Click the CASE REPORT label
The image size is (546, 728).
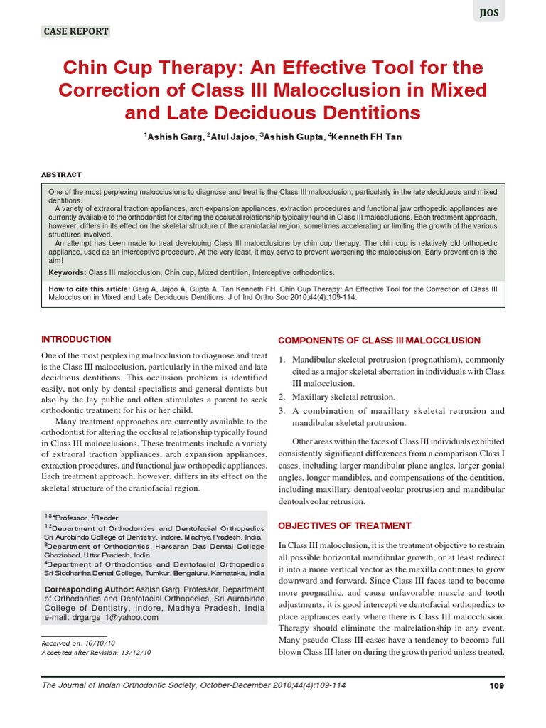point(76,31)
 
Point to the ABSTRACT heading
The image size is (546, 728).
point(61,174)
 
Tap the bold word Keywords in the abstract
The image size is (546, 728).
point(67,272)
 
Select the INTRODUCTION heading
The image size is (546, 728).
point(76,339)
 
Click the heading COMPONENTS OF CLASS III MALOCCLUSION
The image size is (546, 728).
point(369,340)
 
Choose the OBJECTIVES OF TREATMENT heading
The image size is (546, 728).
point(344,525)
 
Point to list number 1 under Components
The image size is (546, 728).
point(282,360)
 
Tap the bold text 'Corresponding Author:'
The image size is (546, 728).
point(89,589)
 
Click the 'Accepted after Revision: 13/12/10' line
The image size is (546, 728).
point(97,652)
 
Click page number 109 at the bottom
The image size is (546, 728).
point(496,685)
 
